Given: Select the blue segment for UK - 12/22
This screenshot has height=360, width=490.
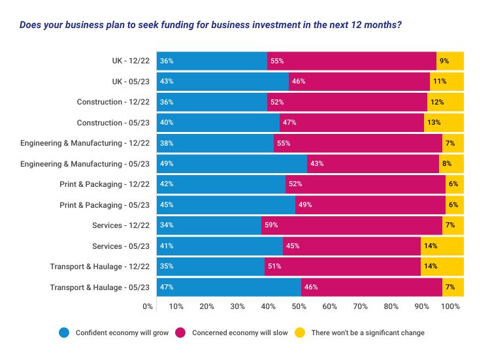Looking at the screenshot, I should click(212, 61).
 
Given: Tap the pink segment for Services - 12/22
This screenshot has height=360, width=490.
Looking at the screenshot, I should click(351, 225).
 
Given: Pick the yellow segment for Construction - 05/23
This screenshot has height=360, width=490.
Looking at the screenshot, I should click(444, 122).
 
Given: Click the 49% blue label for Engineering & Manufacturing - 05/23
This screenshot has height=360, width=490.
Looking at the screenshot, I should click(167, 163).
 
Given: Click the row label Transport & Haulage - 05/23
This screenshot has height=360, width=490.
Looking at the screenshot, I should click(100, 287).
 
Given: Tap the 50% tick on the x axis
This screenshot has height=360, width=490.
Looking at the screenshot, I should click(299, 306).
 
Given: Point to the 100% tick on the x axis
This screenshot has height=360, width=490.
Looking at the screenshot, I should click(451, 306).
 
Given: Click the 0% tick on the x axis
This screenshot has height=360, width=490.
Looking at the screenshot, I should click(148, 306).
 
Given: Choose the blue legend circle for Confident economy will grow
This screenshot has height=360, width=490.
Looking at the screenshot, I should click(64, 333).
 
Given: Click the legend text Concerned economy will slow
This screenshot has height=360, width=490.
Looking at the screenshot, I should click(240, 333).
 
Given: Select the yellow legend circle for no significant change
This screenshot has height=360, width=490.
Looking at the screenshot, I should click(301, 333).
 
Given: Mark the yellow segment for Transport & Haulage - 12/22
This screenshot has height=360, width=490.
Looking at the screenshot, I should click(442, 267).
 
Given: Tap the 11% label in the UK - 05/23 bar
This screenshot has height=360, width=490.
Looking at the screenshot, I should click(439, 82).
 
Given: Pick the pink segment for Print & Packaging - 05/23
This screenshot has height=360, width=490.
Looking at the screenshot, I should click(370, 205).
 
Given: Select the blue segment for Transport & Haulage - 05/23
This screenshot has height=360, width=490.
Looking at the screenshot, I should click(229, 287).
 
